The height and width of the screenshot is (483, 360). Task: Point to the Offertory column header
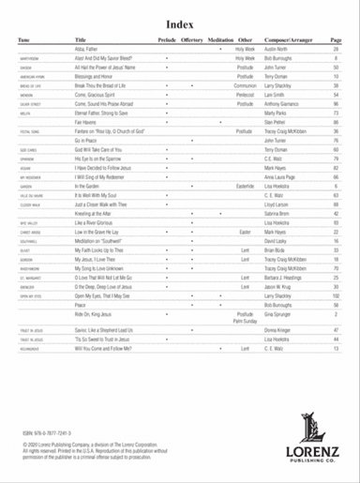(194, 41)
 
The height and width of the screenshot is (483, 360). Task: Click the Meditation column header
(221, 41)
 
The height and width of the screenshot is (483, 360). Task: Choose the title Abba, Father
(86, 50)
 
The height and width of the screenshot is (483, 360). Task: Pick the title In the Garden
(91, 187)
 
